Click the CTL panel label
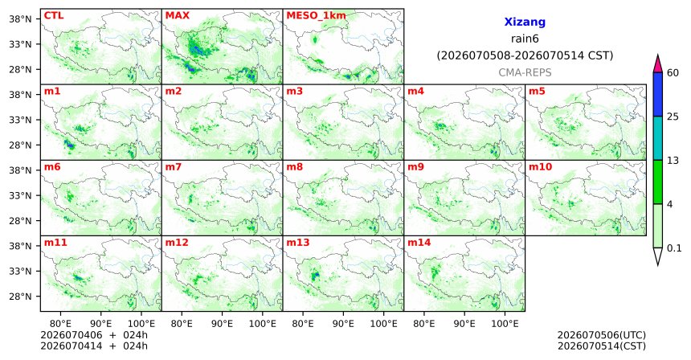pyautogui.click(x=54, y=15)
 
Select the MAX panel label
pyautogui.click(x=177, y=15)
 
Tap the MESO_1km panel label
pyautogui.click(x=316, y=16)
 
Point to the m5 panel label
pyautogui.click(x=537, y=92)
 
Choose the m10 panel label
pyautogui.click(x=540, y=167)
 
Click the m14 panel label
pyautogui.click(x=419, y=243)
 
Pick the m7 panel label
pyautogui.click(x=174, y=167)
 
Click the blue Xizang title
pyautogui.click(x=525, y=22)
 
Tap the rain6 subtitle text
pyautogui.click(x=525, y=39)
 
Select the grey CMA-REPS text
pyautogui.click(x=525, y=72)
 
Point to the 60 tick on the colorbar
pyautogui.click(x=673, y=72)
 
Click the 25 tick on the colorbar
pyautogui.click(x=673, y=117)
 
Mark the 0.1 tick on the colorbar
pyautogui.click(x=674, y=248)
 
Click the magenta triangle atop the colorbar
pyautogui.click(x=658, y=64)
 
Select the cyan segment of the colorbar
pyautogui.click(x=658, y=138)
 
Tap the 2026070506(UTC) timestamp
pyautogui.click(x=602, y=335)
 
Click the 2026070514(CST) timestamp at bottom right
pyautogui.click(x=602, y=346)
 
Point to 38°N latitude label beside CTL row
pyautogui.click(x=20, y=19)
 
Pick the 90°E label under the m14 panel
pyautogui.click(x=464, y=324)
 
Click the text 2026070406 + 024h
pyautogui.click(x=94, y=335)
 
